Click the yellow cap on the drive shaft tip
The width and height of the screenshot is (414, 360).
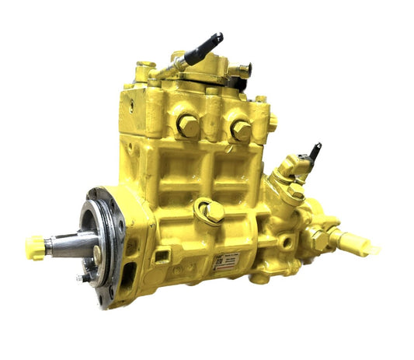coord(34,247)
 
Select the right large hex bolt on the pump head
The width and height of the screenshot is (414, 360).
coord(240,130)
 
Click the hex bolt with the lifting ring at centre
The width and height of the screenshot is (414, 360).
coord(212,211)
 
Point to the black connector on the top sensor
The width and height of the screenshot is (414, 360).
coord(204,47)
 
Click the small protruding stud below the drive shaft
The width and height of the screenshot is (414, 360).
coord(81,277)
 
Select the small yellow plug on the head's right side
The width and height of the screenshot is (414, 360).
coord(273,122)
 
